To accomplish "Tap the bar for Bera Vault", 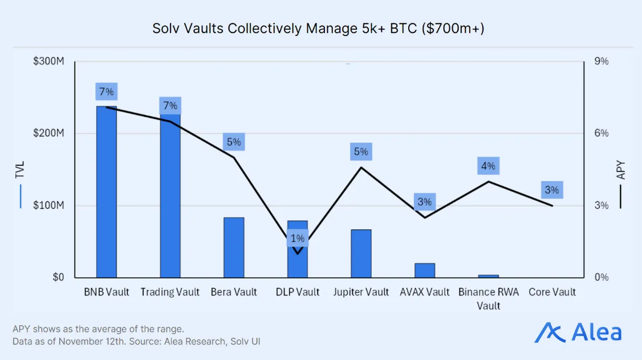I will pyautogui.click(x=234, y=248).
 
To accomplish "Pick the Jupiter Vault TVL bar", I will pyautogui.click(x=361, y=253).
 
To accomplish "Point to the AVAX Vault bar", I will pyautogui.click(x=425, y=270).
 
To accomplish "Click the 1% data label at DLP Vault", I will pyautogui.click(x=298, y=238).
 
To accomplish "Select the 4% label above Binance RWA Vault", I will pyautogui.click(x=488, y=167).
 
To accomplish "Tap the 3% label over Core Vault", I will pyautogui.click(x=552, y=190).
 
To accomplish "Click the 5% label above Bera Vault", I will pyautogui.click(x=234, y=142).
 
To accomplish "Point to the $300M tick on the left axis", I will pyautogui.click(x=48, y=61).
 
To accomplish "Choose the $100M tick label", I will pyautogui.click(x=48, y=205).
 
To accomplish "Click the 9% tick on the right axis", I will pyautogui.click(x=602, y=61).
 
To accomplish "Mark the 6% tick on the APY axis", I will pyautogui.click(x=602, y=133).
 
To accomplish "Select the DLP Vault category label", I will pyautogui.click(x=298, y=292).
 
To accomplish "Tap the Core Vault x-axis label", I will pyautogui.click(x=552, y=292).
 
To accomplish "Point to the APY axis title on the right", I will pyautogui.click(x=621, y=170).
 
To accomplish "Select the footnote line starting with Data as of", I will pyautogui.click(x=137, y=341).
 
